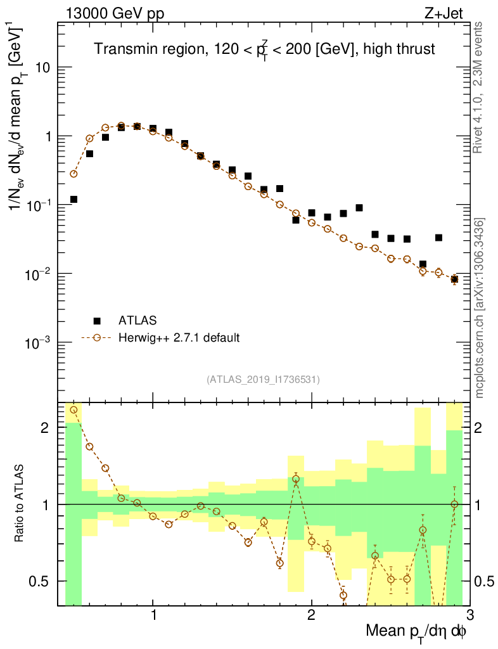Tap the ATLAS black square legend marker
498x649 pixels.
tap(97, 321)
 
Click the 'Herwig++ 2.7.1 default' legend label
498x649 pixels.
tap(180, 337)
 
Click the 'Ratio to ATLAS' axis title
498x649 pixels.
tap(20, 503)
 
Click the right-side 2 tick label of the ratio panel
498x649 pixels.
tap(481, 428)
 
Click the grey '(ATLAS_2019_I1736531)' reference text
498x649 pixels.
tap(263, 380)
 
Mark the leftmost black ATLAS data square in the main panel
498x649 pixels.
tap(73, 200)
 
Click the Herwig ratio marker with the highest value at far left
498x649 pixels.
tap(73, 410)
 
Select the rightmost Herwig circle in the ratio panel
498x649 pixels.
tap(454, 504)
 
